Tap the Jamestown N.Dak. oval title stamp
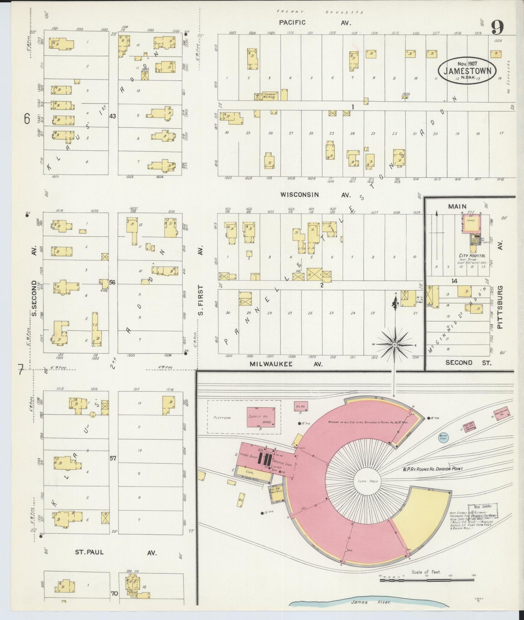tap(467, 70)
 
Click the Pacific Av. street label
tap(314, 22)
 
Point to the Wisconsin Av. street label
tap(315, 195)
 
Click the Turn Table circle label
tap(368, 481)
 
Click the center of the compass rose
tap(395, 344)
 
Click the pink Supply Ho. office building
tap(260, 417)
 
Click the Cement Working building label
tap(270, 96)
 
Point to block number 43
tap(112, 116)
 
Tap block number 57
tap(113, 458)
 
